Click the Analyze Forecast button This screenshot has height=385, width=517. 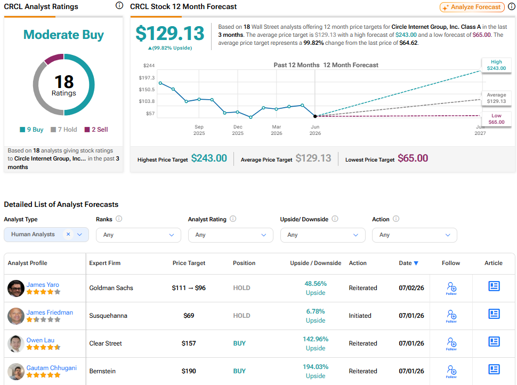(472, 7)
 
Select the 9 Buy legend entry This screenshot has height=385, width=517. (31, 130)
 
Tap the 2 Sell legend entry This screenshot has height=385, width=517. (96, 130)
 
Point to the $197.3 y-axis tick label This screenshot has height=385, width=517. (147, 77)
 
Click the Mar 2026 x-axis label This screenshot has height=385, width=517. (276, 130)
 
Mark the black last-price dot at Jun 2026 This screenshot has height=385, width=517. (315, 116)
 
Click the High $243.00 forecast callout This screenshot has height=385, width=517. (496, 65)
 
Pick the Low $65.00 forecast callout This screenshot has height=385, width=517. (496, 119)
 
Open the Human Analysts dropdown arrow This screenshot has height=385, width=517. (79, 234)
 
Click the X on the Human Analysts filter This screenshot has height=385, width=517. (68, 234)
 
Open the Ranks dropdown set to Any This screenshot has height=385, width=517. (139, 235)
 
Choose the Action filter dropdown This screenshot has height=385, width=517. (415, 235)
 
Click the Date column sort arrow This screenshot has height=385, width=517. (416, 263)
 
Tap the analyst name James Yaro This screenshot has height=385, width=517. (43, 285)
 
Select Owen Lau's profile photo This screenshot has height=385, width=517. (16, 344)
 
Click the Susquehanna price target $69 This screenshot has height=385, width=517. (189, 316)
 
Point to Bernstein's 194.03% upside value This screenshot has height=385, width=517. (316, 367)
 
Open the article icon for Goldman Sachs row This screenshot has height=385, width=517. (494, 286)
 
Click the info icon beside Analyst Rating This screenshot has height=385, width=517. (233, 219)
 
